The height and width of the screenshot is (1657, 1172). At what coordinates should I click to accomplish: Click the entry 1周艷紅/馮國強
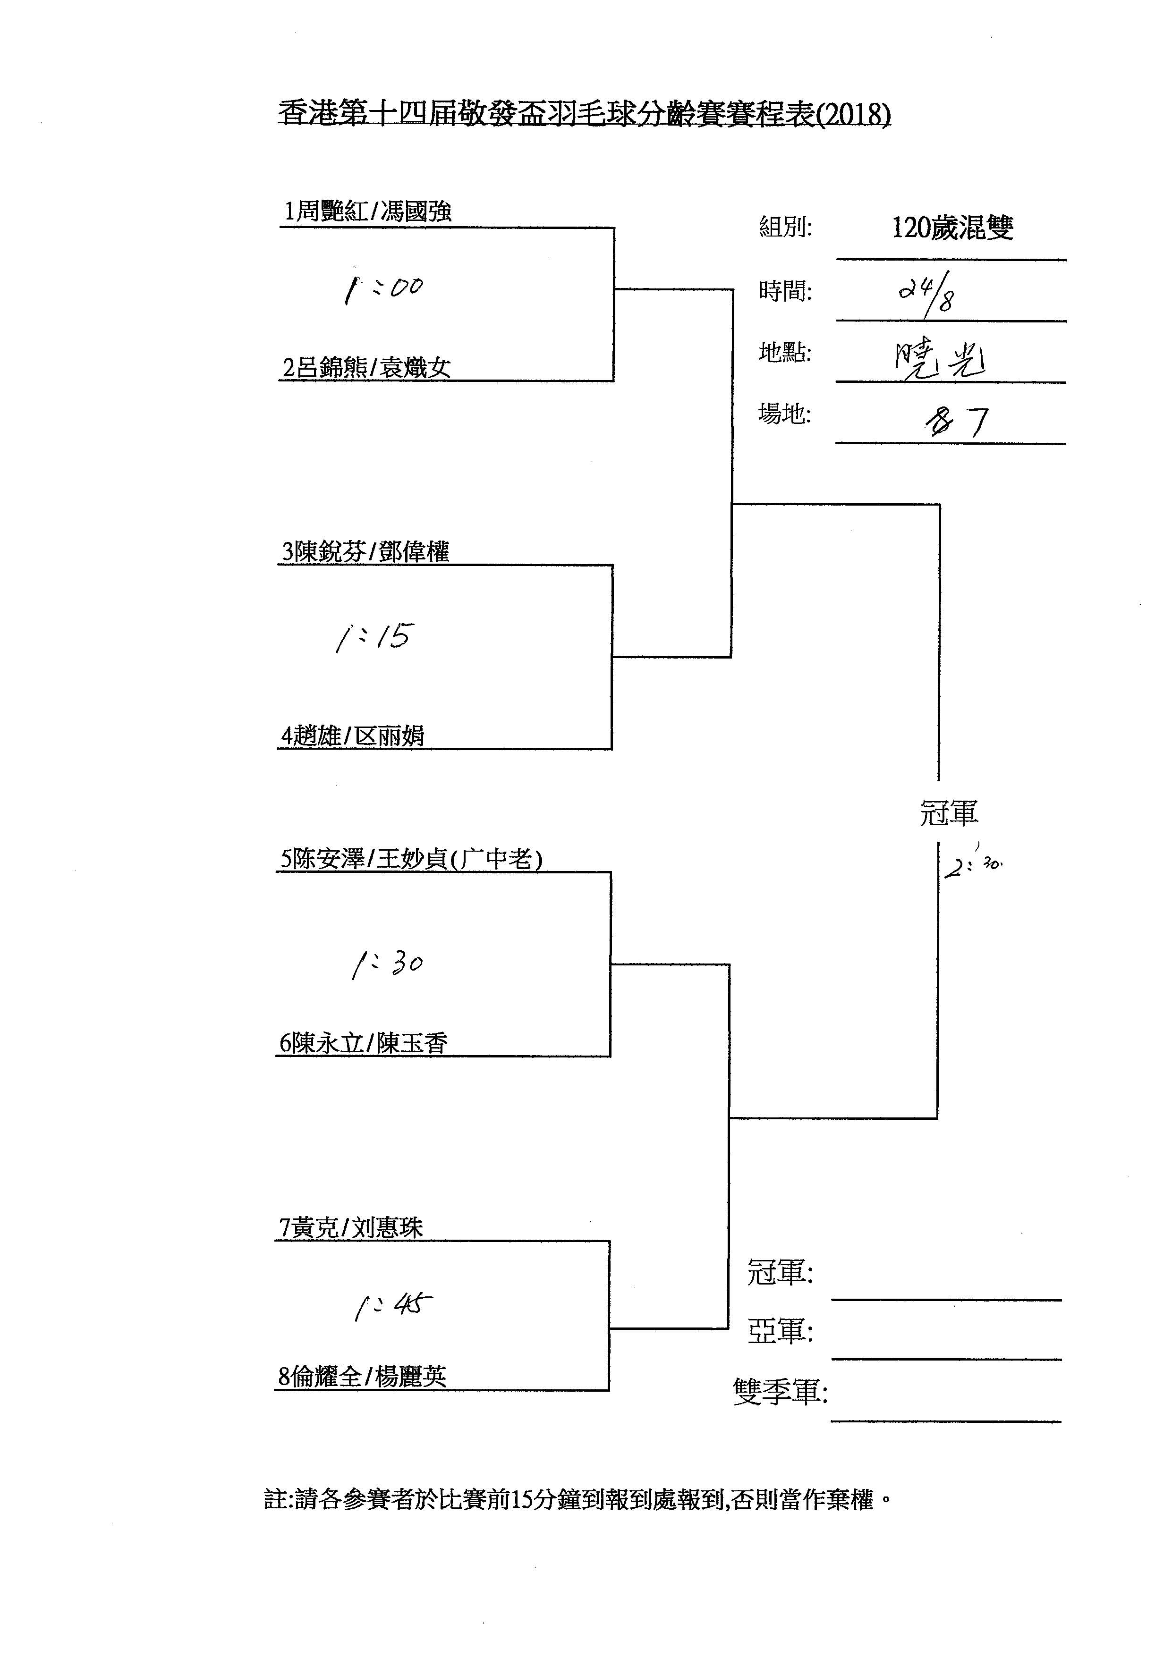(x=367, y=211)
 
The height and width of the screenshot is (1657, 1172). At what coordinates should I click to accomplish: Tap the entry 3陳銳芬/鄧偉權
(x=365, y=552)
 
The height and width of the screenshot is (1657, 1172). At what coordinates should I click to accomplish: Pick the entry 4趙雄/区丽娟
(x=353, y=736)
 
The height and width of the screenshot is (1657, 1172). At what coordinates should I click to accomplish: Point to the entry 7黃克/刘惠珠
(x=351, y=1227)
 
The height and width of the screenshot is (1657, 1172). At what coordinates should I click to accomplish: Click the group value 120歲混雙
(x=952, y=228)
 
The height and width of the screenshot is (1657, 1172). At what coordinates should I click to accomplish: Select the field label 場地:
(x=784, y=414)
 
